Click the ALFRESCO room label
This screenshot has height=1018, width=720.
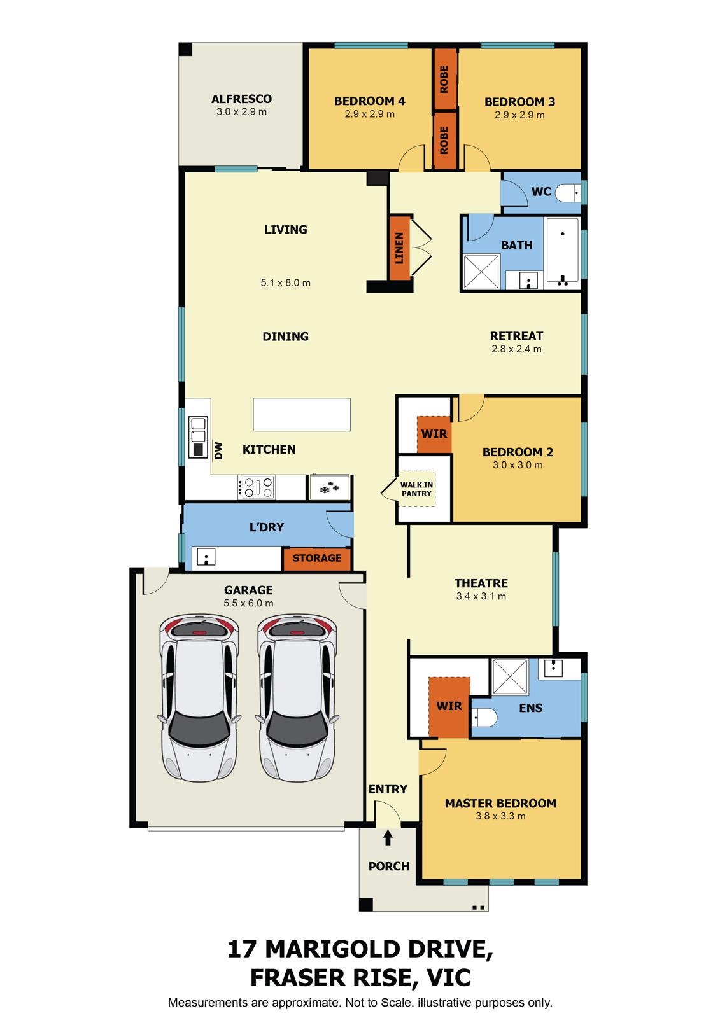tap(241, 99)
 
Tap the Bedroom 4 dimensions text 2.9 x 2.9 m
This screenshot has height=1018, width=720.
tap(369, 115)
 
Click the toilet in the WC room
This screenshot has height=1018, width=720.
tap(567, 192)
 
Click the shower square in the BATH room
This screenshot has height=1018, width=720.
tap(481, 272)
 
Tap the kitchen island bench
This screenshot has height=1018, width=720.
tap(302, 414)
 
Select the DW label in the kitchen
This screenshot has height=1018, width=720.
tap(218, 450)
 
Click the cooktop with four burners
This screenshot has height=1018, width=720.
tap(257, 487)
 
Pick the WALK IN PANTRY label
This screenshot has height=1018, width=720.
tap(416, 489)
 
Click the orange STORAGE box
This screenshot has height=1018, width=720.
tap(317, 558)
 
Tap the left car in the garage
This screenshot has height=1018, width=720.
tap(199, 697)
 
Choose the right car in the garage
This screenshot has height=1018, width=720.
tap(298, 697)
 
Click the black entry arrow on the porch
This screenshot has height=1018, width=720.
tap(388, 838)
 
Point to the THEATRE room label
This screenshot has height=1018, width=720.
tap(481, 583)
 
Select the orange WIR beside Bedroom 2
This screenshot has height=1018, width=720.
tap(434, 434)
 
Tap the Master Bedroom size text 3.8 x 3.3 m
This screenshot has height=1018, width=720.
tap(500, 816)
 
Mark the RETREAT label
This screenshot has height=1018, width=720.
tap(516, 336)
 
